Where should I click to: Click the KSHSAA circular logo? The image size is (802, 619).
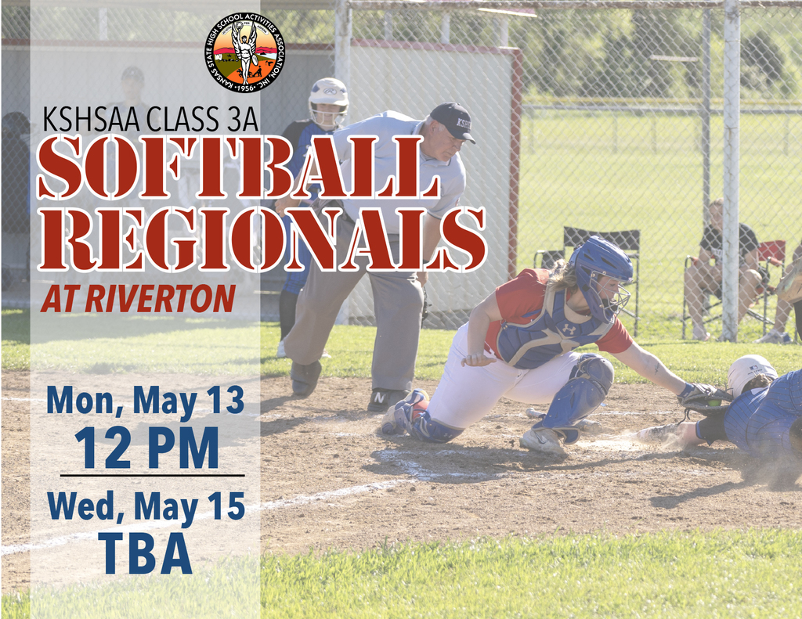pyautogui.click(x=245, y=52)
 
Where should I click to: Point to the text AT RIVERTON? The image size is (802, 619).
pyautogui.click(x=138, y=298)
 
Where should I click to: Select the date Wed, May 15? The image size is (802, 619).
pyautogui.click(x=146, y=506)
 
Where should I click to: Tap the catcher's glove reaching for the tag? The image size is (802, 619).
pyautogui.click(x=703, y=397)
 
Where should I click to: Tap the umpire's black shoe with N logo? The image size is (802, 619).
pyautogui.click(x=387, y=399)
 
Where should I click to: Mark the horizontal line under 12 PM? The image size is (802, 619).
pyautogui.click(x=152, y=475)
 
